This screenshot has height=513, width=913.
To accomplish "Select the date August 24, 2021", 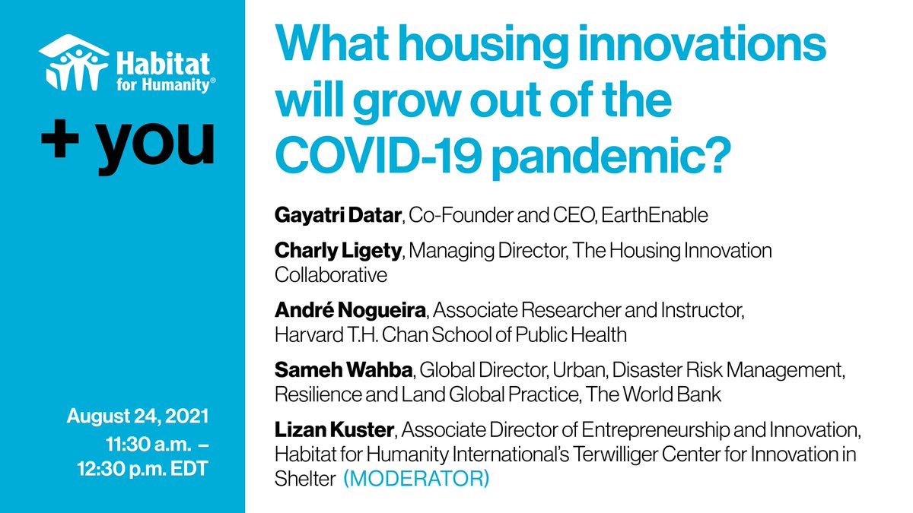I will click(x=138, y=418).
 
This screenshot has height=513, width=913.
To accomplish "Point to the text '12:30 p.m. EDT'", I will click(x=148, y=467).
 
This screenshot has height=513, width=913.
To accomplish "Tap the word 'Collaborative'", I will click(x=331, y=274).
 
